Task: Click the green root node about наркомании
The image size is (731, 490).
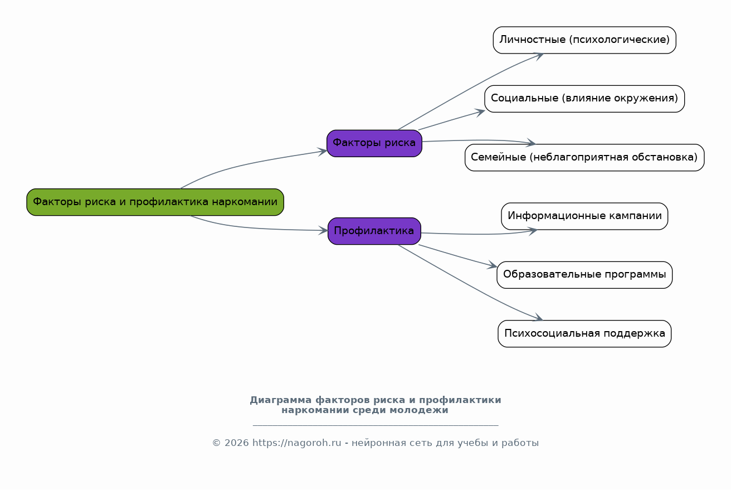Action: [x=155, y=202]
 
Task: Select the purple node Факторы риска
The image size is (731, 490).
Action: [x=374, y=143]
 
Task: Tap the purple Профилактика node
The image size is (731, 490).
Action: [x=374, y=231]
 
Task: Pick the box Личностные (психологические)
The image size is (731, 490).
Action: [x=584, y=40]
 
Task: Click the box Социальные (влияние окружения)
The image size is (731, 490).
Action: [x=584, y=99]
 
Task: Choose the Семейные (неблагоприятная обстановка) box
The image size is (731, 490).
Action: [x=584, y=157]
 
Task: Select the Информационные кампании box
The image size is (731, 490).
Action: [x=584, y=216]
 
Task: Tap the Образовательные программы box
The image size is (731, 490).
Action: [x=584, y=275]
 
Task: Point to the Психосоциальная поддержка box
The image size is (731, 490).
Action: [x=584, y=333]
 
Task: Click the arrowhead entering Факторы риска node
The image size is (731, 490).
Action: [x=323, y=151]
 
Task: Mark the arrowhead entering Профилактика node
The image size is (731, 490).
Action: [x=324, y=230]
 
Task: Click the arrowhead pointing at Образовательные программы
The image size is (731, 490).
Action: [x=493, y=266]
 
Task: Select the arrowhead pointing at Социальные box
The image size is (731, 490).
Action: [x=481, y=111]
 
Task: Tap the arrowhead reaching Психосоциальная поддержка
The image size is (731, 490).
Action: [x=538, y=318]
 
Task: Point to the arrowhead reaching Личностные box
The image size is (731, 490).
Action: [x=539, y=55]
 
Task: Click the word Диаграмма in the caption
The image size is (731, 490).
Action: [x=280, y=400]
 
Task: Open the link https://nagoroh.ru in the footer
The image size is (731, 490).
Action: [x=296, y=443]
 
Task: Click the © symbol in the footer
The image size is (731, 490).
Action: [x=216, y=443]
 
